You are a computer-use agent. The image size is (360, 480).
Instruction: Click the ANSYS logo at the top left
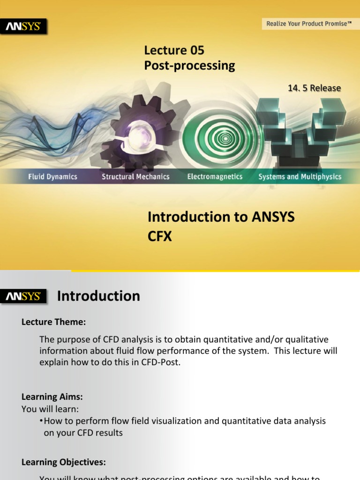click(26, 27)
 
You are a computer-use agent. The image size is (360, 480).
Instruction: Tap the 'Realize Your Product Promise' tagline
click(308, 23)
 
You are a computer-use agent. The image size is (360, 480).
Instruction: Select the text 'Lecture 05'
click(174, 50)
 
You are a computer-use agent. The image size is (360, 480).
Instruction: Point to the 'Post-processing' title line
click(189, 66)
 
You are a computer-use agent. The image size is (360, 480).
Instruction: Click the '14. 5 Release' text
click(315, 88)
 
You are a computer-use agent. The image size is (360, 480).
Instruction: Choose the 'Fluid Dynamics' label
click(52, 177)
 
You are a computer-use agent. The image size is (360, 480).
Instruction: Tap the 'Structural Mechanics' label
click(135, 177)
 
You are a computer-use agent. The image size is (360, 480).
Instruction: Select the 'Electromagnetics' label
click(215, 177)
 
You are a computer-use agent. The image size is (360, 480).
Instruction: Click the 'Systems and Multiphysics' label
click(300, 177)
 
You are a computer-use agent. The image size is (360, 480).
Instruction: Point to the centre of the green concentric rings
click(225, 138)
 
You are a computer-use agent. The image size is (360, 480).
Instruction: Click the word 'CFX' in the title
click(160, 237)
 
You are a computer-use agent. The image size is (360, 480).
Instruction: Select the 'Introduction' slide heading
click(98, 296)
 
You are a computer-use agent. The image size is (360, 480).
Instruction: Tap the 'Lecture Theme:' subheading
click(54, 322)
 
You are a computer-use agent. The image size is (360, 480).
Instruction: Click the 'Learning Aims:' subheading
click(52, 397)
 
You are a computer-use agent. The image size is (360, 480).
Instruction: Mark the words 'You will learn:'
click(50, 409)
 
